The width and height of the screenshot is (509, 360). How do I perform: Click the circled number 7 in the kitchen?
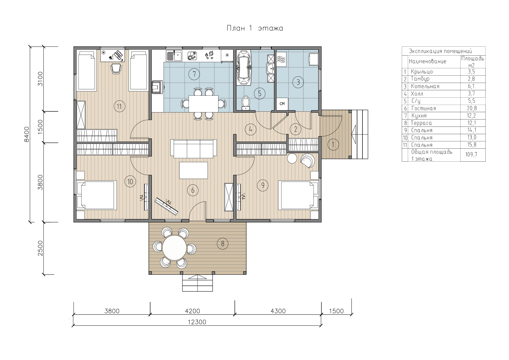pyautogui.click(x=194, y=74)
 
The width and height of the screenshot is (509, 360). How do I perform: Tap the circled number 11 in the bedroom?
pyautogui.click(x=119, y=106)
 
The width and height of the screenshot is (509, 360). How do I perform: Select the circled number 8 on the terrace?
pyautogui.click(x=223, y=244)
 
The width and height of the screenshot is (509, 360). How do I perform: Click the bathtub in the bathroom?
pyautogui.click(x=244, y=67)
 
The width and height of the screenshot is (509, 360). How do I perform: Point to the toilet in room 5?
pyautogui.click(x=246, y=103)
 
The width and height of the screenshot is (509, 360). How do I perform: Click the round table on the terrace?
pyautogui.click(x=175, y=248)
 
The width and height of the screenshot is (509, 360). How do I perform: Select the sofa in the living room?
pyautogui.click(x=194, y=149)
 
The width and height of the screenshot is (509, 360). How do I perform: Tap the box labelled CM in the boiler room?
pyautogui.click(x=282, y=104)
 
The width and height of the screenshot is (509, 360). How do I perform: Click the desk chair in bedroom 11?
pyautogui.click(x=116, y=68)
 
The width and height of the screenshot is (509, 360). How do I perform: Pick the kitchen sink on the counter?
pyautogui.click(x=174, y=56)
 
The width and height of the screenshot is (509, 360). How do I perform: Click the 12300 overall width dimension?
pyautogui.click(x=197, y=322)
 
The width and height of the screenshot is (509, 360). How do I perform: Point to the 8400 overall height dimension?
pyautogui.click(x=27, y=134)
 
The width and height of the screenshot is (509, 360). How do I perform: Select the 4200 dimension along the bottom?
pyautogui.click(x=193, y=311)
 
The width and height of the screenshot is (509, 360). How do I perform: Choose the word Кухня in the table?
pyautogui.click(x=419, y=116)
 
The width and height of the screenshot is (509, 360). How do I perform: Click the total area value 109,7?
pyautogui.click(x=471, y=155)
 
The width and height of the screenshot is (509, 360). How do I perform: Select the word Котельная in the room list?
pyautogui.click(x=425, y=86)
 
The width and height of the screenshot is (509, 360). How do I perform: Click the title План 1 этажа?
pyautogui.click(x=255, y=28)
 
